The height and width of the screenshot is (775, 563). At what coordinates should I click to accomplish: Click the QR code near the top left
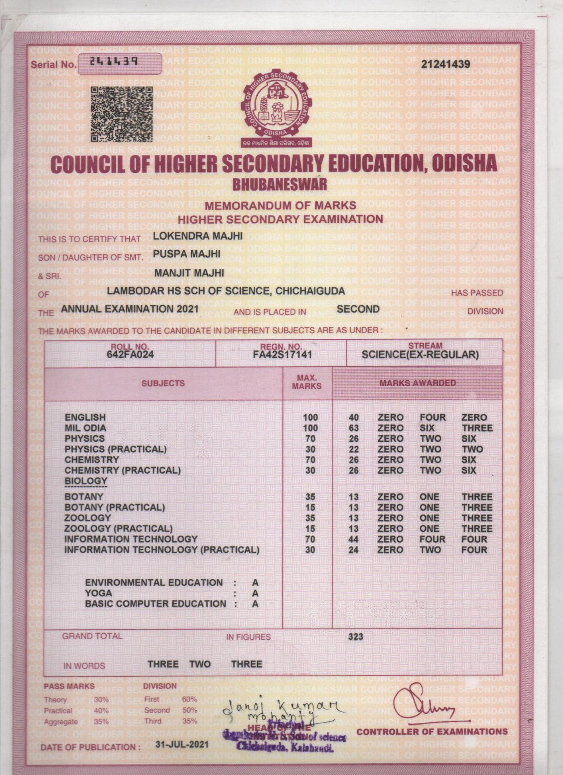122,114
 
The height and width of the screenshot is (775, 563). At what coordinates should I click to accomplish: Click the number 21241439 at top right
445,64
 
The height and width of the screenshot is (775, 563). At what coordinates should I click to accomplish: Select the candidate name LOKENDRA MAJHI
198,236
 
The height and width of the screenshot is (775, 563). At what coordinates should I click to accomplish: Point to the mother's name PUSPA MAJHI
187,254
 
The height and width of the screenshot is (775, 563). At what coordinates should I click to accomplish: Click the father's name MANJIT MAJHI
189,273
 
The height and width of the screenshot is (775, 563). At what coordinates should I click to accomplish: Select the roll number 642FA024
130,355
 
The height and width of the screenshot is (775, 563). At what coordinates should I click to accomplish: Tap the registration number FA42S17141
282,355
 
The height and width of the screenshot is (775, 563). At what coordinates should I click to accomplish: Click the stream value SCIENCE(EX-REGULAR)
420,355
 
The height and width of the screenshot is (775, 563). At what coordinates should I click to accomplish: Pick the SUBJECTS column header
163,383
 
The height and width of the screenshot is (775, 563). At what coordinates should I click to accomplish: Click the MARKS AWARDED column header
417,383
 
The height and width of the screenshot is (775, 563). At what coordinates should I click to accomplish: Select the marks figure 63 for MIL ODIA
354,428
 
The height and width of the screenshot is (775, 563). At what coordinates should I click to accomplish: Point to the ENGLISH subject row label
85,418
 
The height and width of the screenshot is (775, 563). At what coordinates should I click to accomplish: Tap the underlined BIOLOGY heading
86,481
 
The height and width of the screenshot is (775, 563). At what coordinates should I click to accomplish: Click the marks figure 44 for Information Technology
354,540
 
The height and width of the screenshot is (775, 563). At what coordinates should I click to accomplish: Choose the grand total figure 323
355,637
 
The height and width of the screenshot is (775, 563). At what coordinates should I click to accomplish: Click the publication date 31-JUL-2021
182,744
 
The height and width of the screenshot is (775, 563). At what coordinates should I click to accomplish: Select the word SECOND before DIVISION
358,309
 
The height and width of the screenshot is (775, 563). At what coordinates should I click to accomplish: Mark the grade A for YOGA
255,594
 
